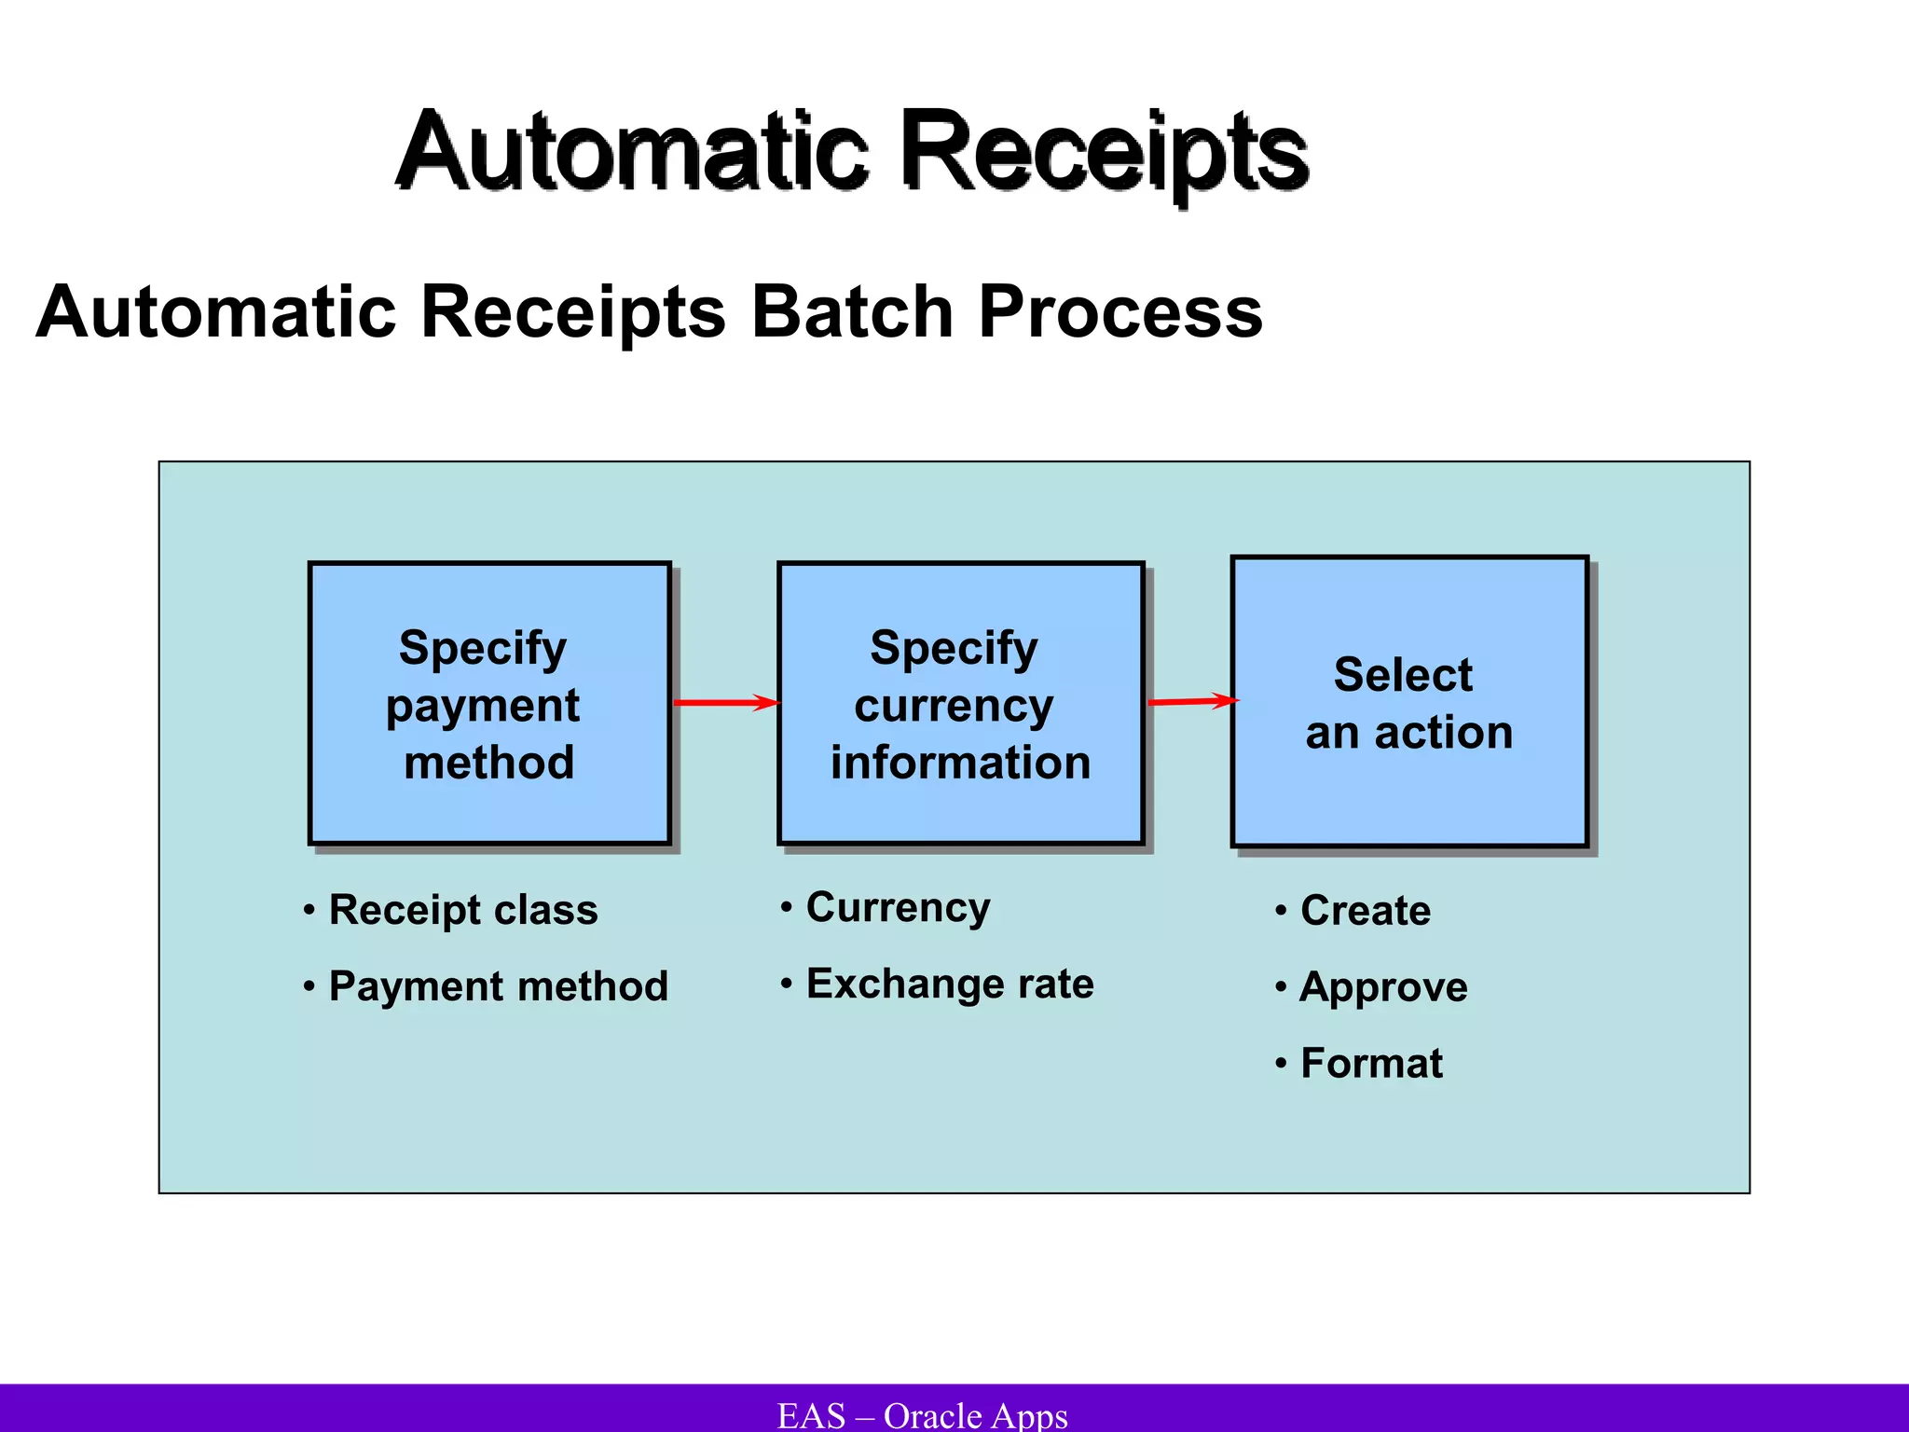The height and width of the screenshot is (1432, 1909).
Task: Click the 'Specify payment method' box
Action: pyautogui.click(x=489, y=703)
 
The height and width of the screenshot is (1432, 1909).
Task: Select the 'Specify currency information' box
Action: pyautogui.click(x=960, y=703)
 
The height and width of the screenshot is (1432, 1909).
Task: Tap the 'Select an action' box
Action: pyautogui.click(x=1408, y=701)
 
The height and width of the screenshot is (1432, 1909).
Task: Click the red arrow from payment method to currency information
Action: pyautogui.click(x=724, y=702)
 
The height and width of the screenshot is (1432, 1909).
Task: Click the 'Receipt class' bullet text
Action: pyautogui.click(x=462, y=910)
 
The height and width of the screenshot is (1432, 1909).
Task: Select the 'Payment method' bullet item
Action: pyautogui.click(x=498, y=986)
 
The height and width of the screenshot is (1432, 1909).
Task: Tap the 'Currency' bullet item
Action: pyautogui.click(x=898, y=907)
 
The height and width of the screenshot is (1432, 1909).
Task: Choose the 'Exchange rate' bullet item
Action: pyautogui.click(x=949, y=984)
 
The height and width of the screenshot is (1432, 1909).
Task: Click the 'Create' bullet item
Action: pyautogui.click(x=1365, y=910)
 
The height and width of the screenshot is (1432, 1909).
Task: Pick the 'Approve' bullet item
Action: pyautogui.click(x=1383, y=986)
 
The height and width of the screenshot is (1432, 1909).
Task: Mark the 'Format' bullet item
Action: pyautogui.click(x=1370, y=1063)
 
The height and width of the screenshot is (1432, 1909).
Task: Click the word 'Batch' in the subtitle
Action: pyautogui.click(x=852, y=311)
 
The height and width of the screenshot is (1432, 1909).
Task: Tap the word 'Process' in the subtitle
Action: pyautogui.click(x=1119, y=311)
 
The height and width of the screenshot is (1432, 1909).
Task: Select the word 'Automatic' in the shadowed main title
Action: pyautogui.click(x=634, y=152)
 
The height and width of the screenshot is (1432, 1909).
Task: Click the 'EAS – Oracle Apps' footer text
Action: pyautogui.click(x=922, y=1414)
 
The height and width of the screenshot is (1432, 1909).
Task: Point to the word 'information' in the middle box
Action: pyautogui.click(x=960, y=763)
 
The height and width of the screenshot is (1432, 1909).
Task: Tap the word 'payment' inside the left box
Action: pyautogui.click(x=483, y=706)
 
